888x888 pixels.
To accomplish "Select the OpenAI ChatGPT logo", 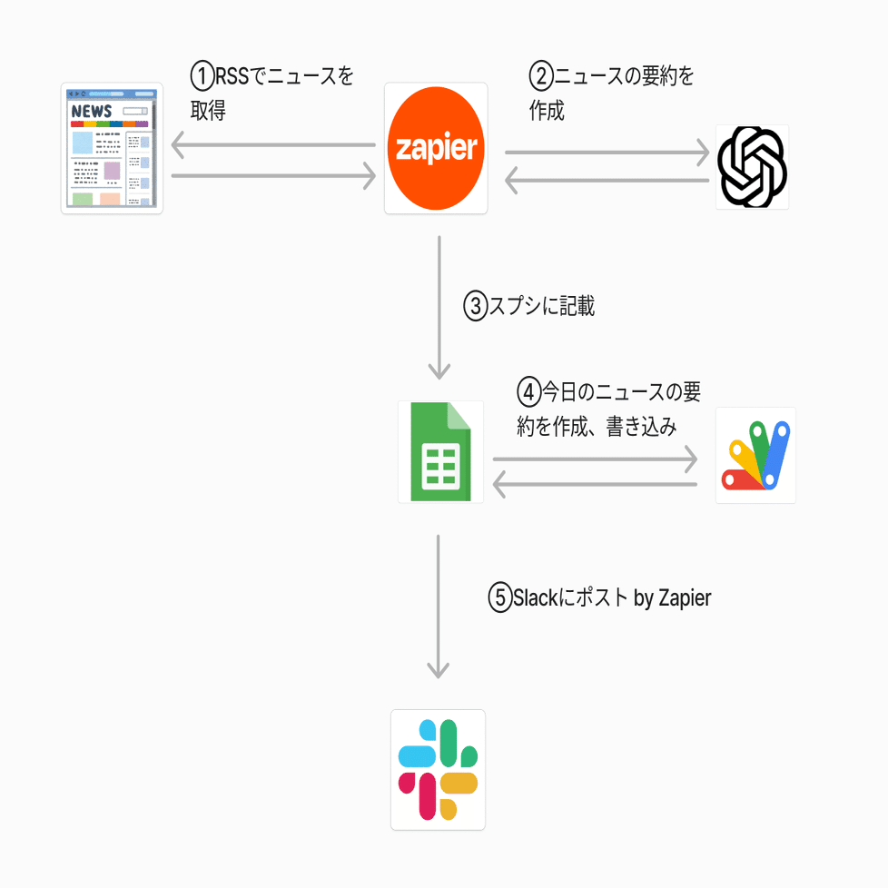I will (x=752, y=167).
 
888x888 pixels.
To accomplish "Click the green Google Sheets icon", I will (x=440, y=451).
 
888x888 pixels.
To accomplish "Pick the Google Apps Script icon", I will (x=755, y=455).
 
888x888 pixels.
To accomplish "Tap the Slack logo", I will (x=438, y=769).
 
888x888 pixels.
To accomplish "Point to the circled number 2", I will (x=541, y=75).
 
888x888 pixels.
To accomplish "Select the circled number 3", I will (x=477, y=306).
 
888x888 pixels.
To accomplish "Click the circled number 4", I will (x=529, y=391).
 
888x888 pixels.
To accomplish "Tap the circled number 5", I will (x=501, y=598).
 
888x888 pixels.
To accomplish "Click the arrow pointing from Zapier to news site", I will (x=272, y=144).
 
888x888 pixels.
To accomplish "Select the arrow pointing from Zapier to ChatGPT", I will (x=607, y=153).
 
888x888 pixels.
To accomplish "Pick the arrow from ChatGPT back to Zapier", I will (x=607, y=181).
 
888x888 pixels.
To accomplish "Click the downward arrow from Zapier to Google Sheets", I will (x=439, y=309).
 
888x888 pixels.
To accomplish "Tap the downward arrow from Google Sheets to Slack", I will (x=439, y=607).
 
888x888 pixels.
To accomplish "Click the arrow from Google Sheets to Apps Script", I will (x=595, y=459).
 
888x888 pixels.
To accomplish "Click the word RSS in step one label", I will (x=232, y=74).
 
